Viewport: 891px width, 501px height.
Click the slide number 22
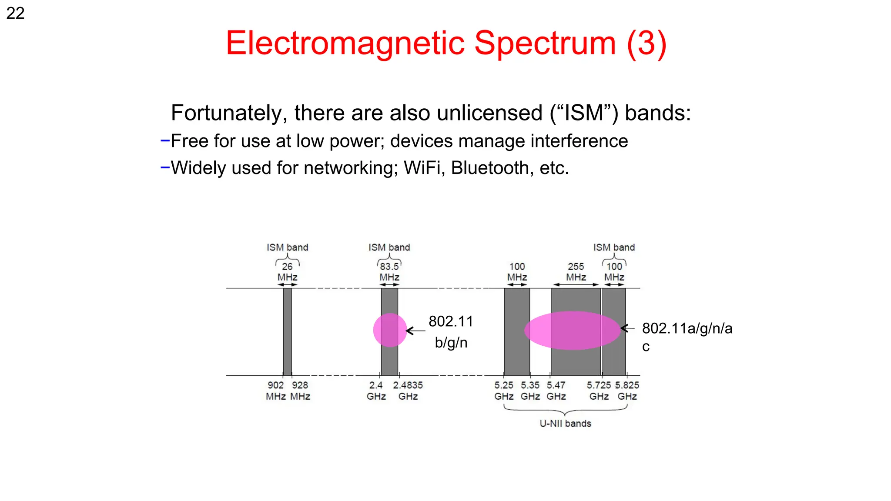pos(15,13)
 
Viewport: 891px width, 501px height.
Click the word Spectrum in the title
pos(545,43)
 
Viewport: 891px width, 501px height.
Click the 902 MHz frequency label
pos(275,391)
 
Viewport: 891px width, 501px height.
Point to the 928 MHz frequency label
pos(300,391)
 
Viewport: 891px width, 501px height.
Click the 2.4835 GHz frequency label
pos(408,391)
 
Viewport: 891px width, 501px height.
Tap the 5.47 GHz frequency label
pos(556,391)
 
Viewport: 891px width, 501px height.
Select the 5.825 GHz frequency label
pos(627,391)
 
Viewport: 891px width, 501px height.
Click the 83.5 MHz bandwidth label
pos(389,271)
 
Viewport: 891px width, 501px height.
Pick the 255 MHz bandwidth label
pos(576,271)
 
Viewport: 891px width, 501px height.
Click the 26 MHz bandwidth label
pos(287,271)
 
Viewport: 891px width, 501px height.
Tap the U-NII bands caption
pos(565,424)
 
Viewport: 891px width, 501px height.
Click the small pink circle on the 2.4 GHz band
pos(390,330)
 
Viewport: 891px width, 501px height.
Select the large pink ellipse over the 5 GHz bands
pos(572,330)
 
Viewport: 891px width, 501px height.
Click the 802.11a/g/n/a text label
pos(687,328)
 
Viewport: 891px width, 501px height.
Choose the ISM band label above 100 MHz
pos(614,247)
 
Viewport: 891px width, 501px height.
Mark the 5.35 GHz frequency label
pos(530,391)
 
